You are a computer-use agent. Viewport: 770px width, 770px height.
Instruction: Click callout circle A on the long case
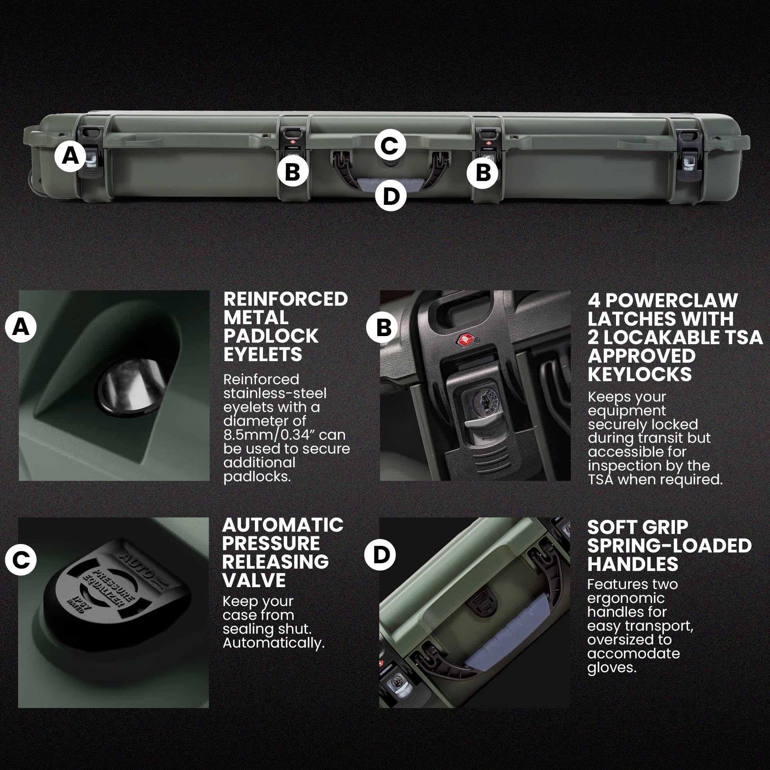pyautogui.click(x=70, y=156)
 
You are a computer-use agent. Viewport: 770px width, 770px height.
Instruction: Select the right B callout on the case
pyautogui.click(x=483, y=172)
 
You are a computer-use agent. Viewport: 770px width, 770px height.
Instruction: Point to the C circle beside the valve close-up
pyautogui.click(x=21, y=560)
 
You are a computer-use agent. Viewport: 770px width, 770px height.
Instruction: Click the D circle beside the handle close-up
pyautogui.click(x=381, y=555)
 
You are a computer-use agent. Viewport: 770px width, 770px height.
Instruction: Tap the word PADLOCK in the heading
pyautogui.click(x=271, y=336)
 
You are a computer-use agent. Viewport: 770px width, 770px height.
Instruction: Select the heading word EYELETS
pyautogui.click(x=263, y=354)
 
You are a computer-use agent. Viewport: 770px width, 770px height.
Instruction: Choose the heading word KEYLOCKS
pyautogui.click(x=639, y=374)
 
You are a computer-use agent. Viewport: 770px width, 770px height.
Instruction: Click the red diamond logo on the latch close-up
pyautogui.click(x=465, y=340)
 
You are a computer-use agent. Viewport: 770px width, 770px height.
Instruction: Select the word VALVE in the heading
pyautogui.click(x=254, y=580)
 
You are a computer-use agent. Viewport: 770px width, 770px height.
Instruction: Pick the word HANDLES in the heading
pyautogui.click(x=633, y=564)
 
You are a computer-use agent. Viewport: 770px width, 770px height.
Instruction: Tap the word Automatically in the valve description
pyautogui.click(x=274, y=643)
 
